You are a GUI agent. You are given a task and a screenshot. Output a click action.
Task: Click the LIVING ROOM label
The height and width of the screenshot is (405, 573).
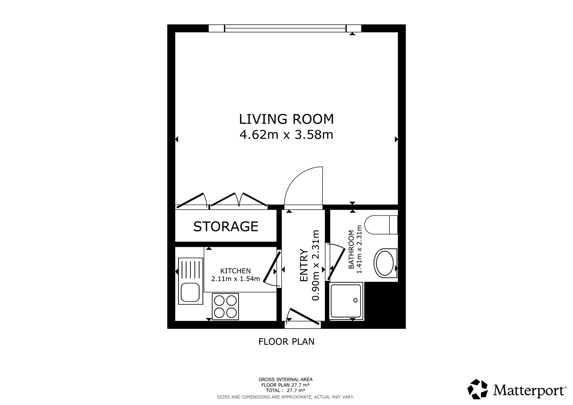[x=286, y=119]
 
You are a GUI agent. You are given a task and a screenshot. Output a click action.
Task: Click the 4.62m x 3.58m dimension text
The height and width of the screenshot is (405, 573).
[x=286, y=135]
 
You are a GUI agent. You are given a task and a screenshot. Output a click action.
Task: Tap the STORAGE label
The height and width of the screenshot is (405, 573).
[x=226, y=227]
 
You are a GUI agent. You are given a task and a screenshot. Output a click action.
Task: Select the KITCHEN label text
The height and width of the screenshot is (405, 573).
[x=236, y=271]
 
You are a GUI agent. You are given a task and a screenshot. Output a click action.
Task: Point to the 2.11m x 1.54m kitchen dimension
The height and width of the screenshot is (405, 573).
[x=236, y=279]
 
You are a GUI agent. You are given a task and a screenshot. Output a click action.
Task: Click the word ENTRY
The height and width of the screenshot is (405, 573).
[x=304, y=265]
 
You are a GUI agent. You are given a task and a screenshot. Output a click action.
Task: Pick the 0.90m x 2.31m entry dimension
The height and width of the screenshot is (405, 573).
[x=315, y=265]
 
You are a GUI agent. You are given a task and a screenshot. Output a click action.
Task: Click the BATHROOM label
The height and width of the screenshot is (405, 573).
[x=351, y=249]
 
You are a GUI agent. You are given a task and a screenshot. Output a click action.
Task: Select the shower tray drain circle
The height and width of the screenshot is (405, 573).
[x=355, y=300]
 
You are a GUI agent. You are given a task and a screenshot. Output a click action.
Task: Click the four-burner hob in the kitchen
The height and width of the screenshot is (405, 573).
[x=225, y=306]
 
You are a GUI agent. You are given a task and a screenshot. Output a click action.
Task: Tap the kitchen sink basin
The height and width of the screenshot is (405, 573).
[x=190, y=292]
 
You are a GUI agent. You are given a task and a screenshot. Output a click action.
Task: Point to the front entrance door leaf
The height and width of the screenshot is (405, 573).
[x=304, y=316]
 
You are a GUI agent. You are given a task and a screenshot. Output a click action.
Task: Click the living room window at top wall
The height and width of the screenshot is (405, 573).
[x=285, y=28]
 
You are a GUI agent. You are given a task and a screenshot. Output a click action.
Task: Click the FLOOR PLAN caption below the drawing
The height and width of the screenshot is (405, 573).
[x=286, y=342]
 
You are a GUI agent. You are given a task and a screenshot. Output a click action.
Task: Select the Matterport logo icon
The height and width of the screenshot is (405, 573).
[x=478, y=389]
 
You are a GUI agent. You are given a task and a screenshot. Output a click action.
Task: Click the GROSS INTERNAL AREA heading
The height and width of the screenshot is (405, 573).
[x=285, y=380]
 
